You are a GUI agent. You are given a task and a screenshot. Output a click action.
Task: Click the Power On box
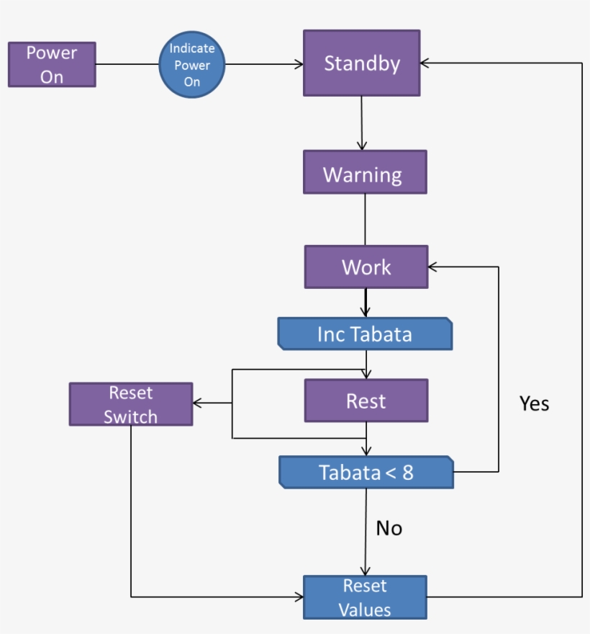click(x=52, y=65)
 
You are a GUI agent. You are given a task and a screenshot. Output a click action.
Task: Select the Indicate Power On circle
click(x=191, y=65)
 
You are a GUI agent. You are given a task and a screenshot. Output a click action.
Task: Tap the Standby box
click(x=361, y=63)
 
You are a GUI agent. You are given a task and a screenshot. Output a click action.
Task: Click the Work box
click(x=366, y=267)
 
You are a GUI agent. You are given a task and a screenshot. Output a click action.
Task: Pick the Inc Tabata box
click(x=365, y=334)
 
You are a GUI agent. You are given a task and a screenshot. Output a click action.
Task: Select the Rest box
click(x=366, y=401)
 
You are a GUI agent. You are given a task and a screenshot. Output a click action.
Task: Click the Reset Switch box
click(x=131, y=404)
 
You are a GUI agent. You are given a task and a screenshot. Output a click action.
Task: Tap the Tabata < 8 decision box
click(x=366, y=473)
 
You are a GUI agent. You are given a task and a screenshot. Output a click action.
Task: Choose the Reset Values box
click(x=365, y=597)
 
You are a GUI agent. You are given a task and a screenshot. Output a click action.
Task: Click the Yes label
click(x=534, y=404)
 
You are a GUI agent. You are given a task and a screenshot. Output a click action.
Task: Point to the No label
click(x=389, y=529)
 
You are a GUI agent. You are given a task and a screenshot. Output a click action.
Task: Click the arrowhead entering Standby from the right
click(x=425, y=63)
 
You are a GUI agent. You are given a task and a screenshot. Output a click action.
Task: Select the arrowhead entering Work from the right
click(x=432, y=267)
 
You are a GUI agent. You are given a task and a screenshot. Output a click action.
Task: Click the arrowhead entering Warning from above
click(x=362, y=146)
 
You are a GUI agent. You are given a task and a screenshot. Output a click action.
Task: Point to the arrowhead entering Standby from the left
click(x=299, y=65)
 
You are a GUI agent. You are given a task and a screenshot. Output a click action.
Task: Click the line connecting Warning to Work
click(x=365, y=220)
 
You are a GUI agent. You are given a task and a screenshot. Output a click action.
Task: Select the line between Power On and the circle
click(x=127, y=65)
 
